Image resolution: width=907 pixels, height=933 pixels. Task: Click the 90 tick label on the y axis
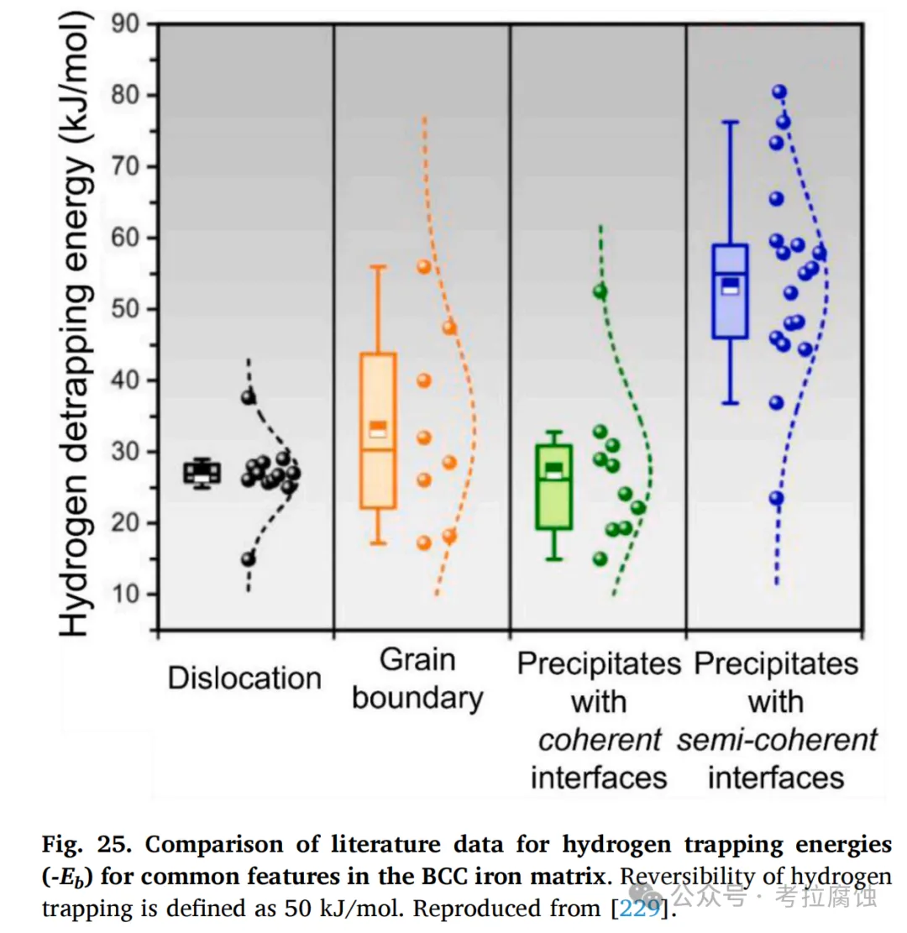click(124, 24)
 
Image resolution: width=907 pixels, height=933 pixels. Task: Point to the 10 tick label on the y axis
click(124, 595)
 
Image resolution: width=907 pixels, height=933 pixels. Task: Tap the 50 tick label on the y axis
click(124, 309)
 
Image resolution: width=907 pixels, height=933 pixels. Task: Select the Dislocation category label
click(244, 679)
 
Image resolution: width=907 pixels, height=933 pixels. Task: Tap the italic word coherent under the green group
click(600, 740)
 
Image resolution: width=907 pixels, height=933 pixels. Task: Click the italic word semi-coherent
click(777, 740)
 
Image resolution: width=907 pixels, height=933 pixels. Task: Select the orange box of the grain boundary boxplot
click(378, 431)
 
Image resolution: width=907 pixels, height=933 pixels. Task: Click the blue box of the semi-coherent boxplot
click(730, 291)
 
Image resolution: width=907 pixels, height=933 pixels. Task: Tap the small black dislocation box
click(202, 473)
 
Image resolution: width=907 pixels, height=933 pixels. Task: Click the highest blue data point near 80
click(779, 92)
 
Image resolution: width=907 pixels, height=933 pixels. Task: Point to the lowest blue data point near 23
click(776, 498)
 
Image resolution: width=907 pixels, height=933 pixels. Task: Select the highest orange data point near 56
click(424, 266)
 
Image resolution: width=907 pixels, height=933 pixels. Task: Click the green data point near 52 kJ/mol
click(600, 291)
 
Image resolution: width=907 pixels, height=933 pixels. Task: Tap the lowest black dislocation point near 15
click(248, 558)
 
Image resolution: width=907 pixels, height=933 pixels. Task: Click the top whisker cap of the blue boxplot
click(730, 122)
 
